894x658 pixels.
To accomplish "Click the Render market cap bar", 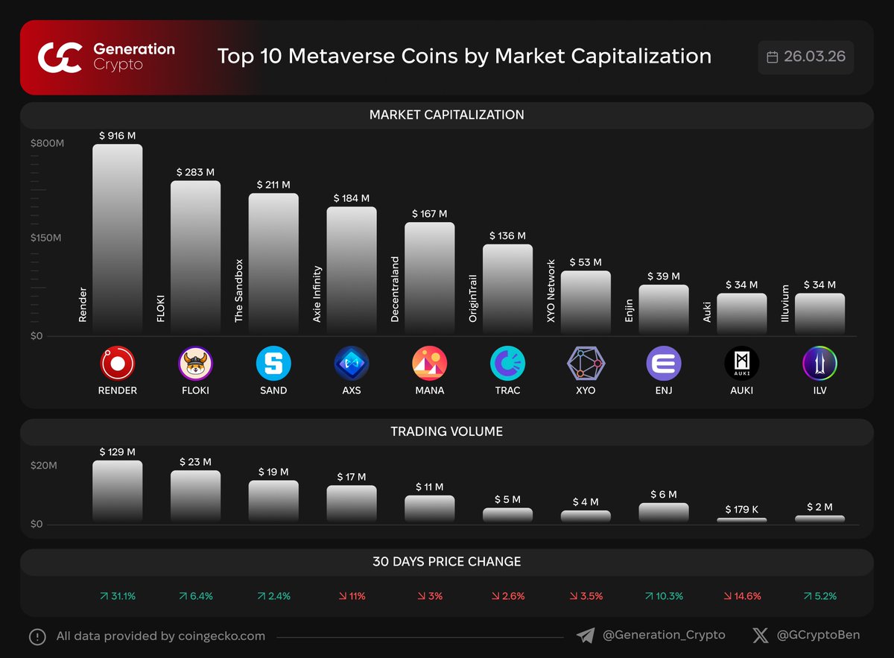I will pyautogui.click(x=117, y=238).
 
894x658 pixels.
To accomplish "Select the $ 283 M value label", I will pyautogui.click(x=195, y=172).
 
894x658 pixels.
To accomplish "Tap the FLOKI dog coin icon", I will pyautogui.click(x=195, y=364).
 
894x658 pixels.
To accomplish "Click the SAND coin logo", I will pyautogui.click(x=273, y=364).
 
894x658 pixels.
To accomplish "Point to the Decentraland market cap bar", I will pyautogui.click(x=429, y=277).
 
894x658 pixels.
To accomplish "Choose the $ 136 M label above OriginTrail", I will pyautogui.click(x=507, y=235).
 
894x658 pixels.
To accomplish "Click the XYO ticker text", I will pyautogui.click(x=586, y=390).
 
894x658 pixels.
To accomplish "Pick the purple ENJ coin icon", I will pyautogui.click(x=664, y=364).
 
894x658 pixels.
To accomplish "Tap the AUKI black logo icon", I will pyautogui.click(x=741, y=364).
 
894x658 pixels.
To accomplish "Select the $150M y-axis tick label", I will pyautogui.click(x=46, y=238).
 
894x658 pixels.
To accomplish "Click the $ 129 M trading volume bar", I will pyautogui.click(x=117, y=491).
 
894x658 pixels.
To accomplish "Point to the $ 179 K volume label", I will pyautogui.click(x=741, y=510).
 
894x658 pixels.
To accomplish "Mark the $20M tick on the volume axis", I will pyautogui.click(x=43, y=466).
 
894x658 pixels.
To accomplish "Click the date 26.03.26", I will pyautogui.click(x=814, y=57).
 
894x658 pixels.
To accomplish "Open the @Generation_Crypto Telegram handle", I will pyautogui.click(x=663, y=636).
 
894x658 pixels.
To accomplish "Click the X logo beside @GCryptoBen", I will pyautogui.click(x=760, y=636).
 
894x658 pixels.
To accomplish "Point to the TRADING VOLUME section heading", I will pyautogui.click(x=446, y=431).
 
